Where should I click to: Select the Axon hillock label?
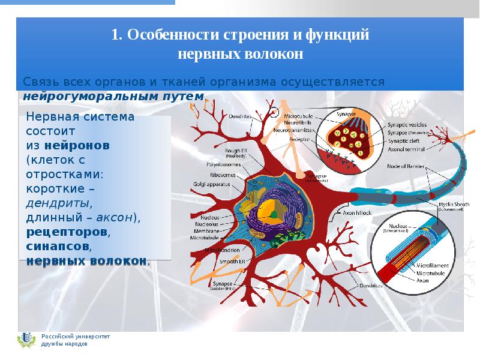[x=357, y=212]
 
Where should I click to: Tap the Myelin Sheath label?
[x=454, y=205]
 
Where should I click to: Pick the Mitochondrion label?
[x=223, y=250]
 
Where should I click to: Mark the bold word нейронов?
[x=77, y=145]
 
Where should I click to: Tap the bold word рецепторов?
[x=67, y=232]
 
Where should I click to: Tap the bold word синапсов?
[x=58, y=246]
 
